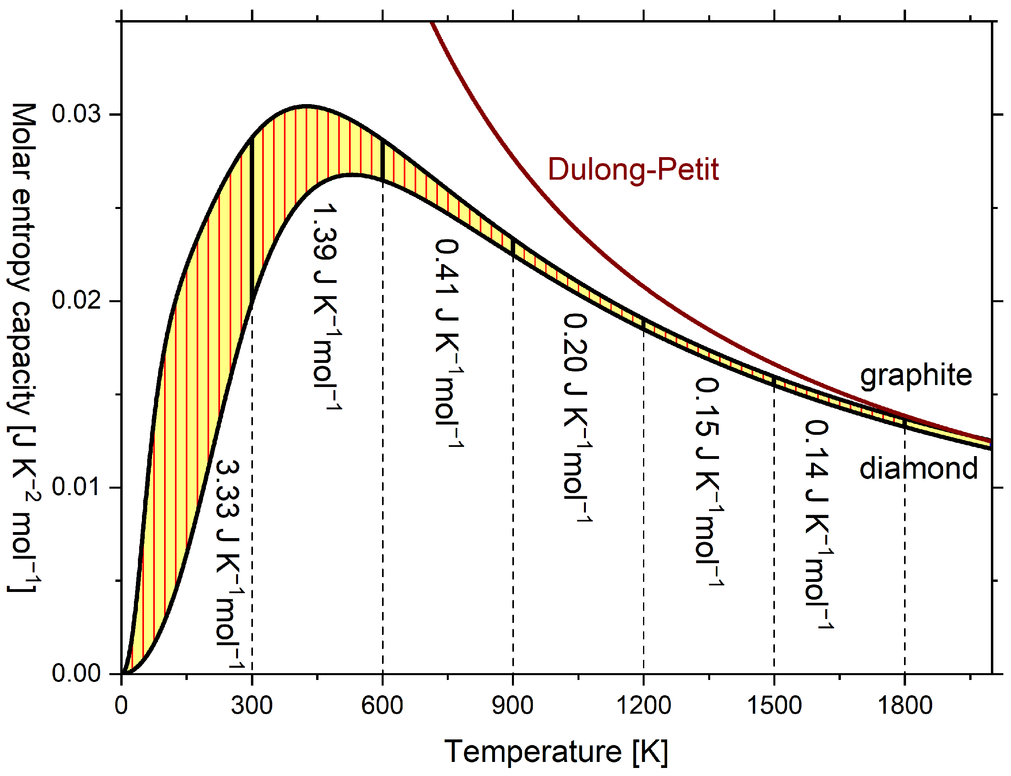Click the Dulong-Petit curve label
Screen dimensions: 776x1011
633,170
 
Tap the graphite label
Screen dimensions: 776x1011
915,375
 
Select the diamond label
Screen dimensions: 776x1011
918,469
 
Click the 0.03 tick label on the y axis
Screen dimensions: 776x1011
76,114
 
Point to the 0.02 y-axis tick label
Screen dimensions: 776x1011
76,301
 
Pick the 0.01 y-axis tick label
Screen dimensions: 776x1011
76,487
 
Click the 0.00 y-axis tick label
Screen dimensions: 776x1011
76,674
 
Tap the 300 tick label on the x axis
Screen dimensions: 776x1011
251,706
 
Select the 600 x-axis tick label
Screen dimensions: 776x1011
382,706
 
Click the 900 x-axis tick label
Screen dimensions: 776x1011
512,706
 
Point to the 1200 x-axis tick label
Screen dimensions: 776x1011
643,706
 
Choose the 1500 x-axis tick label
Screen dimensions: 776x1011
774,706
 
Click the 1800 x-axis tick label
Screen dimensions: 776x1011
904,706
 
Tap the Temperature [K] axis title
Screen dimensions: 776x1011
556,751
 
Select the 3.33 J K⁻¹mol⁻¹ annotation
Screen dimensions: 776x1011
229,563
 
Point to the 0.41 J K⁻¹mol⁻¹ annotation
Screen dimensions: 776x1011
448,343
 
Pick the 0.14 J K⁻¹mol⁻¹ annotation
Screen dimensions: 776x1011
818,525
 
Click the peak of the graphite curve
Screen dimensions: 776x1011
306,106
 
